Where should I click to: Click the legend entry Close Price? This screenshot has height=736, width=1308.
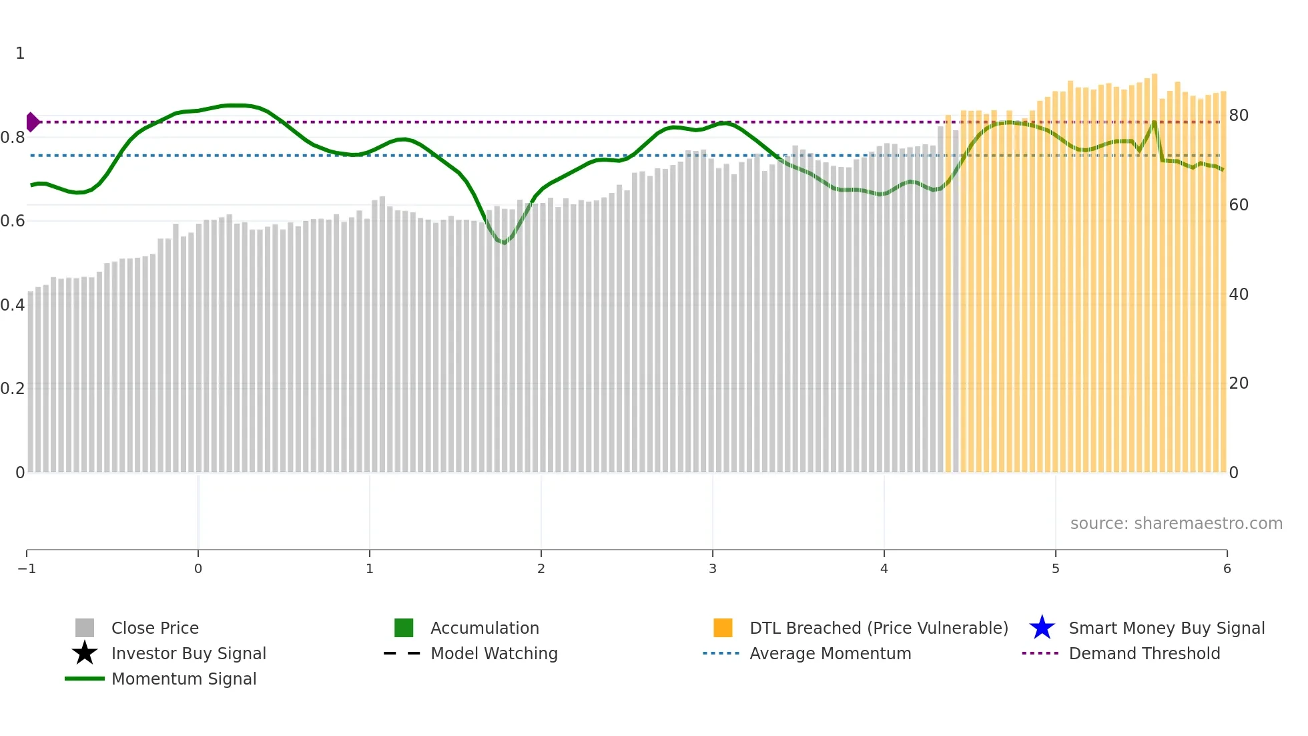(154, 628)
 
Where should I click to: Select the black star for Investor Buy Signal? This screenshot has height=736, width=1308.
(85, 653)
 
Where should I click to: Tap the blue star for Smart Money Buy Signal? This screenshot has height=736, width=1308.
(1042, 628)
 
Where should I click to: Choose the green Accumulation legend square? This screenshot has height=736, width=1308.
(404, 628)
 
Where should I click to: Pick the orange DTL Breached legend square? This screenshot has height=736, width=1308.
(723, 628)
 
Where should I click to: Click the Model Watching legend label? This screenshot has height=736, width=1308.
(494, 653)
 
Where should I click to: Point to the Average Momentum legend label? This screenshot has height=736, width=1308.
(830, 653)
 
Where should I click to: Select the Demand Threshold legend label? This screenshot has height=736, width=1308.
(1144, 653)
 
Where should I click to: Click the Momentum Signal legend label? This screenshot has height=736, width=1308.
(184, 679)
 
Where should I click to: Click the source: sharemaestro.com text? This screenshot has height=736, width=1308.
(1176, 523)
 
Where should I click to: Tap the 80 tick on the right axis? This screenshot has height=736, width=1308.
(1239, 116)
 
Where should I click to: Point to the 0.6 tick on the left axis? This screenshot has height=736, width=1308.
(13, 221)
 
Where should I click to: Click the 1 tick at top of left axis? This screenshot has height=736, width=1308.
(20, 53)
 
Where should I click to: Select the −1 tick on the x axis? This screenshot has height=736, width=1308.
(27, 568)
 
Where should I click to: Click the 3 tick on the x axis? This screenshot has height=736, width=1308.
(713, 568)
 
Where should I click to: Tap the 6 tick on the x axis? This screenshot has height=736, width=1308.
(1227, 568)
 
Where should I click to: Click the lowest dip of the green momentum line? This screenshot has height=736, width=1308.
(504, 242)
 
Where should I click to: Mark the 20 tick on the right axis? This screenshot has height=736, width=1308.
(1239, 383)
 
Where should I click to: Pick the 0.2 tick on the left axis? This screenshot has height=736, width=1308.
(13, 389)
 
